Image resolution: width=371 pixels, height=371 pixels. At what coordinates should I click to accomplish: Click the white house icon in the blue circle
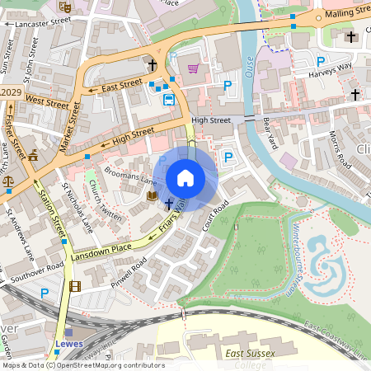pyautogui.click(x=185, y=177)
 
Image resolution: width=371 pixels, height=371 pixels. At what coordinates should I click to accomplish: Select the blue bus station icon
pyautogui.click(x=169, y=100)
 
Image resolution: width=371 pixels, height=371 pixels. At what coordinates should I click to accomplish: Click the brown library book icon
pyautogui.click(x=152, y=196)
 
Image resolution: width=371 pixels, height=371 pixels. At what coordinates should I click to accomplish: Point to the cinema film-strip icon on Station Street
pyautogui.click(x=76, y=287)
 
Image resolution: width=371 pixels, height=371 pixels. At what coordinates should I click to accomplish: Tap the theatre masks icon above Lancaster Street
pyautogui.click(x=65, y=7)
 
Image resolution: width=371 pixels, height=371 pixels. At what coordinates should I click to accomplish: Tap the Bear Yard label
pyautogui.click(x=268, y=129)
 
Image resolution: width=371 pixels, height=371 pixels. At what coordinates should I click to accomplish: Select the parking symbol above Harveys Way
pyautogui.click(x=321, y=62)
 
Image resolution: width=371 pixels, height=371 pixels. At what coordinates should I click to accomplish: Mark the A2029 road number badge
pyautogui.click(x=10, y=91)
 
